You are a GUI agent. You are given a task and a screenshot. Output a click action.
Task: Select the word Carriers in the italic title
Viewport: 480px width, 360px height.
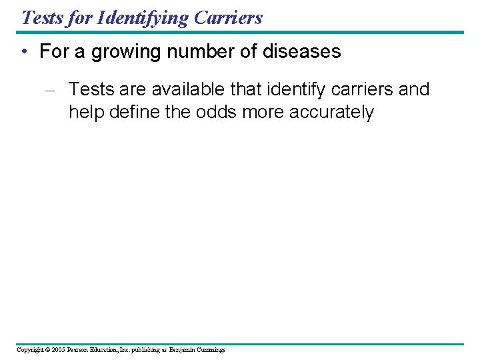coord(229,17)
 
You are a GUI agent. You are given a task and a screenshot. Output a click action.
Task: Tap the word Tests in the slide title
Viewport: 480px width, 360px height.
coord(41,17)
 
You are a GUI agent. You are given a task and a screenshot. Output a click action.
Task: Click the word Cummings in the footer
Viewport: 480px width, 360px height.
coord(212,349)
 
